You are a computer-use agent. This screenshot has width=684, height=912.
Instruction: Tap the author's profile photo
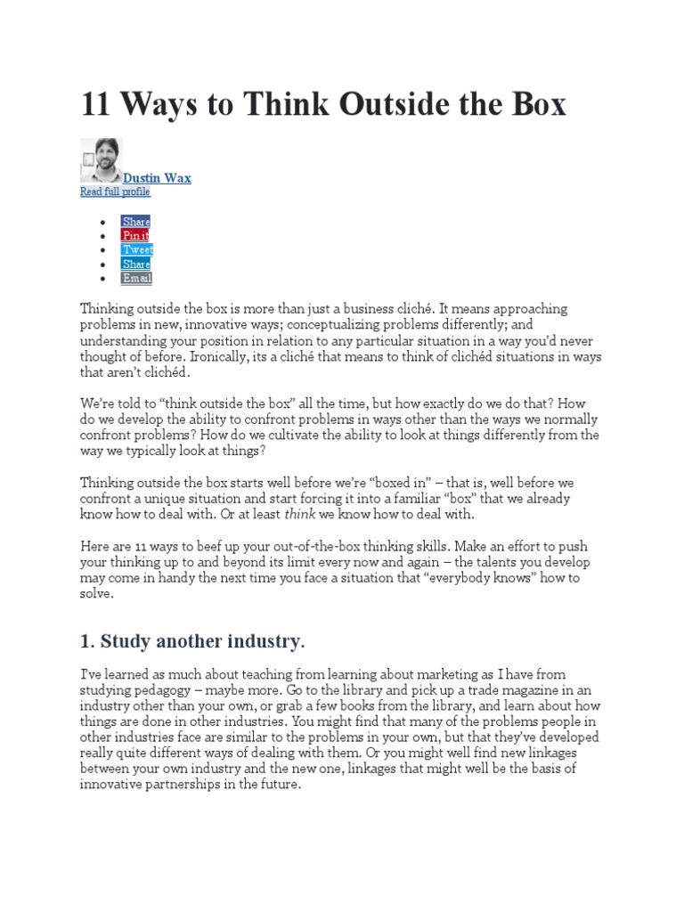102,160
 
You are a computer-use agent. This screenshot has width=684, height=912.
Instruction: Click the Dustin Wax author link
157,178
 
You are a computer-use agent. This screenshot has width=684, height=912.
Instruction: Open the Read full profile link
115,191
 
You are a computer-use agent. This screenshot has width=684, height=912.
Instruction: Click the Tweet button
138,249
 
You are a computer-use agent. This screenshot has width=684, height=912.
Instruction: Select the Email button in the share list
137,278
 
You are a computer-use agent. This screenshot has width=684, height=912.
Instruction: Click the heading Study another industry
202,641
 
